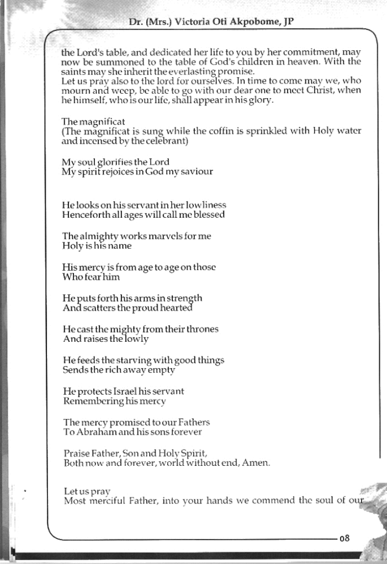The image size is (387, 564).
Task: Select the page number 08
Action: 345,538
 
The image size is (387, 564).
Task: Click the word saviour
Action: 195,171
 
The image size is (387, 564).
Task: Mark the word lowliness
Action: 202,205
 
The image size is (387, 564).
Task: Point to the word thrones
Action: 202,329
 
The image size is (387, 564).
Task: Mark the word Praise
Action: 77,453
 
